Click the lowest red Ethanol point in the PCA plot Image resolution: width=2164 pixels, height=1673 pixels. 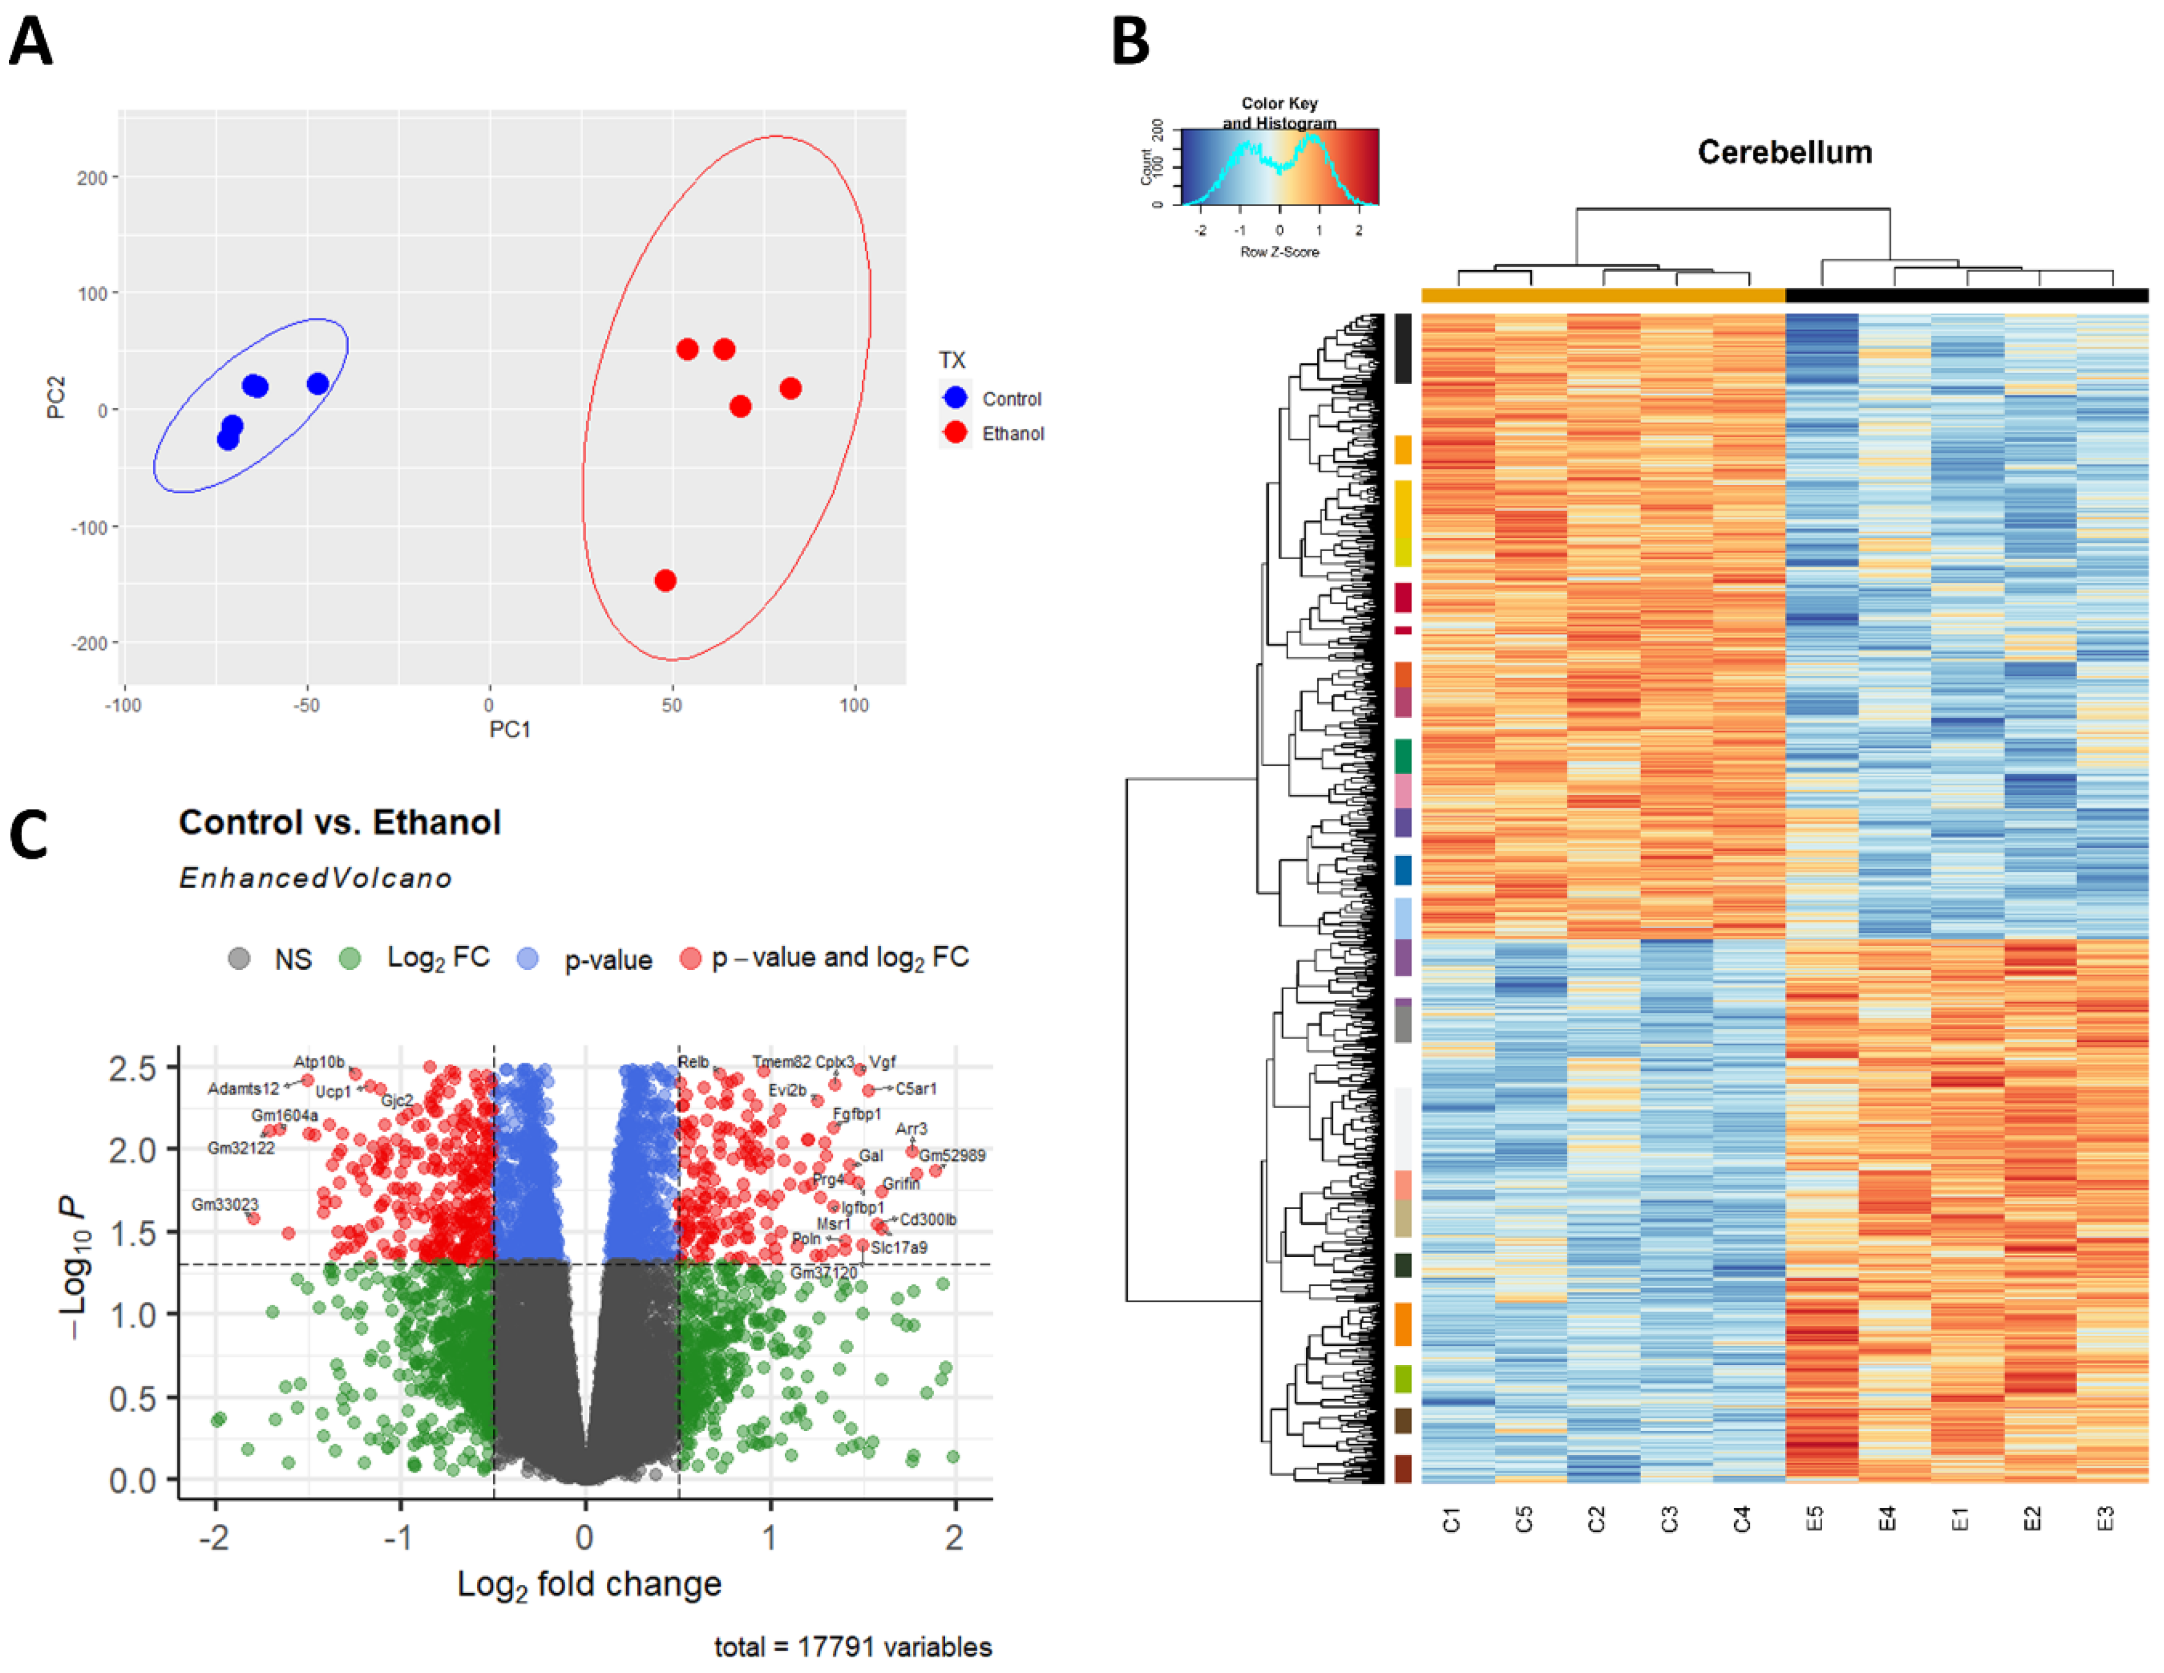tap(666, 580)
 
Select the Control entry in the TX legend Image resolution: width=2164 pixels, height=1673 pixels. tap(1011, 398)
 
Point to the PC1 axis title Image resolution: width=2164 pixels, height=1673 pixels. tap(510, 730)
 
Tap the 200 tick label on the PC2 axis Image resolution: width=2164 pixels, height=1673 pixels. tap(92, 177)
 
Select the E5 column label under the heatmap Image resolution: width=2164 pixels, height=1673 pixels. tap(1814, 1519)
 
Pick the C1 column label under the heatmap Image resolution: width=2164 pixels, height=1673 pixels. tap(1451, 1519)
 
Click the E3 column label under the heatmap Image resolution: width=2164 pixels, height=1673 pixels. tap(2105, 1519)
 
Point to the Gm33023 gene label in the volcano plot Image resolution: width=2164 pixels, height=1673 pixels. tap(225, 1204)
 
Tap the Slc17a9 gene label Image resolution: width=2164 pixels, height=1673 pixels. tap(899, 1247)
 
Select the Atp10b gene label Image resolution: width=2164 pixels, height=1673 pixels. tap(319, 1061)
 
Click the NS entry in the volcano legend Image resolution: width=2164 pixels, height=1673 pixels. tap(293, 959)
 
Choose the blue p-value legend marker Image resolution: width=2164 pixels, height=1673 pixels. tap(528, 959)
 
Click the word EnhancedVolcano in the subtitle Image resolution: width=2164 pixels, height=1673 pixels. tap(315, 878)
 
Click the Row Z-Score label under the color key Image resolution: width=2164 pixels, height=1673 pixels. tap(1279, 252)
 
